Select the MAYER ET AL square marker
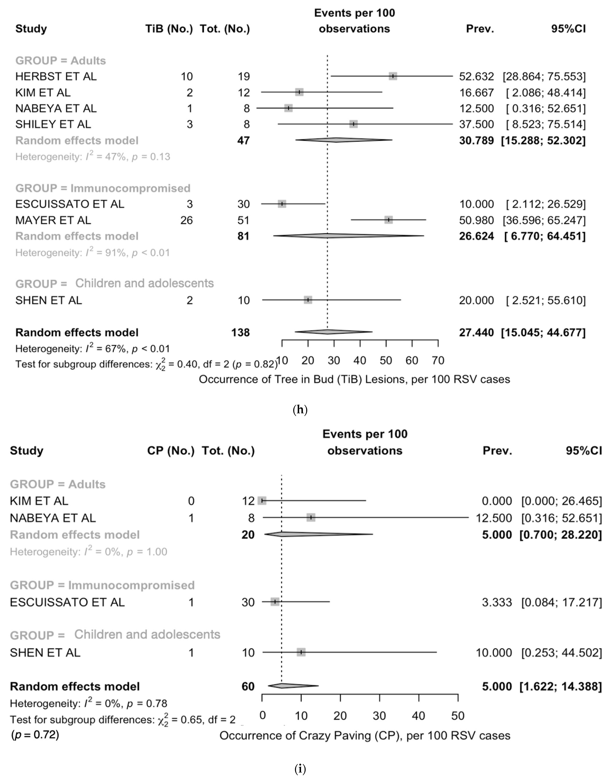(388, 220)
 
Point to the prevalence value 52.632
(476, 76)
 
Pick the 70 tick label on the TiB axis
(438, 360)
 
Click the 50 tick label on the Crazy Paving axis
(458, 716)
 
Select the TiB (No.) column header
(169, 29)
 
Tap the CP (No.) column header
(171, 451)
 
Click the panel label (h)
(300, 410)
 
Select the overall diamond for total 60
(292, 686)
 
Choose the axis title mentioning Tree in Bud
(354, 379)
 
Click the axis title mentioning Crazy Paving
(365, 736)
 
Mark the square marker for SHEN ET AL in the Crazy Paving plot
(301, 652)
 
